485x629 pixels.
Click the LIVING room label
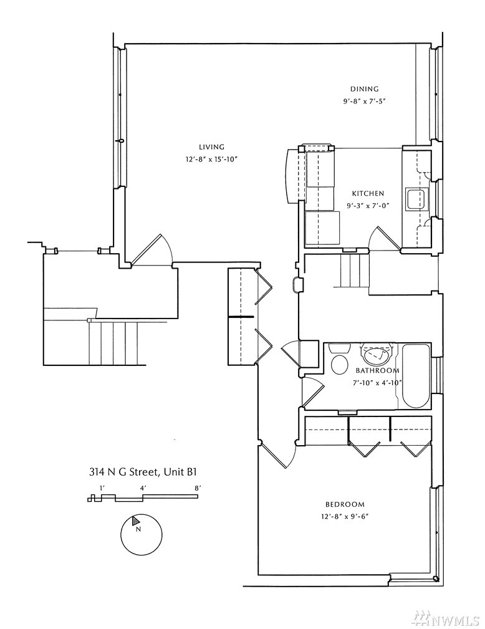211,147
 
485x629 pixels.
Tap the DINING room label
364,89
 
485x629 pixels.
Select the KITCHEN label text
368,193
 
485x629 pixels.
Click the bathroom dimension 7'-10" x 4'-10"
377,383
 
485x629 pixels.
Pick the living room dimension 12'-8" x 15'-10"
212,160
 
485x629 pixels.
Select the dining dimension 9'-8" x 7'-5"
364,102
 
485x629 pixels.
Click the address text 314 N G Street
124,472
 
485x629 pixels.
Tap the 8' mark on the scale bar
197,488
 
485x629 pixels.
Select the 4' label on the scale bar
143,488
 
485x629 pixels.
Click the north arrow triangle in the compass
136,521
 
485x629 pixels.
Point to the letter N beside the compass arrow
138,529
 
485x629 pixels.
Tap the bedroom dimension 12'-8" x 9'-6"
345,517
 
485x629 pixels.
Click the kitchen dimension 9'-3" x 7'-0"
368,206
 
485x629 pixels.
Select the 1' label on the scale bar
102,488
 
